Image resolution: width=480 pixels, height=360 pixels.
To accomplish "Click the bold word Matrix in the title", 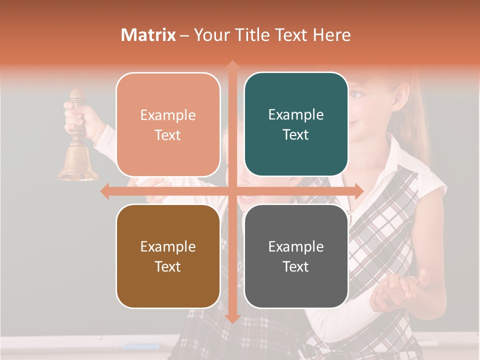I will tap(148, 35).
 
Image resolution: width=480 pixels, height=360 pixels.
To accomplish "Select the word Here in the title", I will tap(331, 35).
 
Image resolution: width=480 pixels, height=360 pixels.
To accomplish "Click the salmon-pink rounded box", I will tap(168, 125).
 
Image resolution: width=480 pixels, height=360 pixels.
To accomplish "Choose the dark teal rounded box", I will tap(296, 124).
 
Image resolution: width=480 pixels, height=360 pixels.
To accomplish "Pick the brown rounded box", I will tap(168, 256).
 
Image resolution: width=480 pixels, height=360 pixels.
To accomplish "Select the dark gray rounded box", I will tap(296, 256).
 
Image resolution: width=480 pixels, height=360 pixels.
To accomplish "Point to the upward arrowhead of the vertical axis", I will tap(232, 65).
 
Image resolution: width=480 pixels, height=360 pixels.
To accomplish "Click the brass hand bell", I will tap(77, 162).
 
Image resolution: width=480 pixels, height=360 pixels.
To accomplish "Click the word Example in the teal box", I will tap(296, 114).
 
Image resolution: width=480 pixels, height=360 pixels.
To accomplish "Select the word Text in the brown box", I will tap(168, 266).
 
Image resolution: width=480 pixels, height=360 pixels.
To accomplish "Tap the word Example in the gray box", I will tap(296, 246).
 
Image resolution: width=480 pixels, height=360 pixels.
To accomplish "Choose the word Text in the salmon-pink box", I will tap(168, 135).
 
